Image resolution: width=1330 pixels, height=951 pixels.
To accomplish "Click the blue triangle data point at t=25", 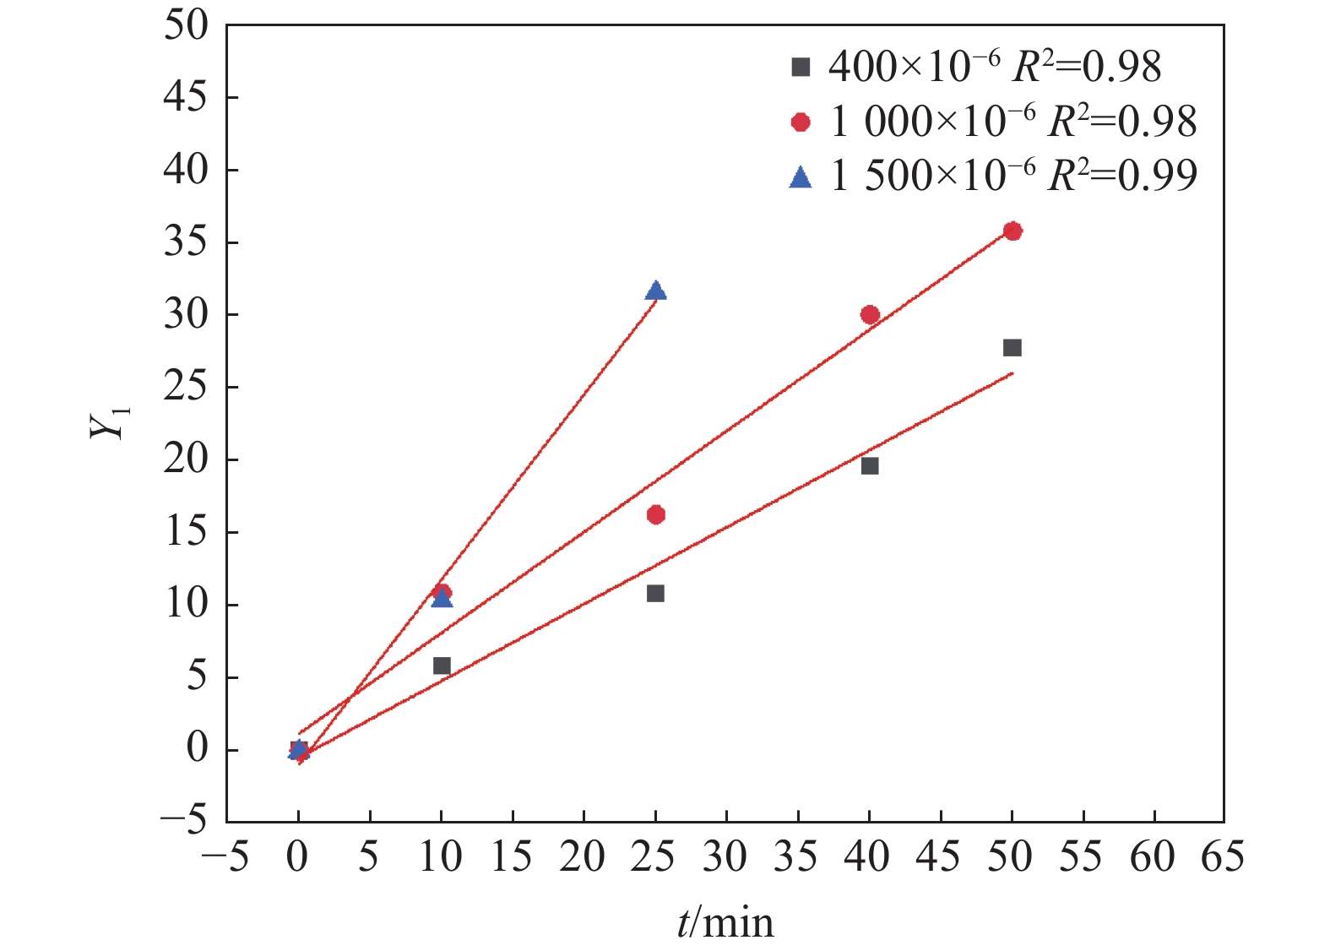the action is pyautogui.click(x=655, y=291).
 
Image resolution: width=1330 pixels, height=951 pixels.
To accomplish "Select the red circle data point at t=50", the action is pyautogui.click(x=1012, y=231).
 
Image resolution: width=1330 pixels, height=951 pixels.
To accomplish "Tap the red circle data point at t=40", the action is pyautogui.click(x=870, y=315).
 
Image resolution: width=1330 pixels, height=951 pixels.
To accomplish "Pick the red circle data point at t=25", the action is pyautogui.click(x=655, y=514).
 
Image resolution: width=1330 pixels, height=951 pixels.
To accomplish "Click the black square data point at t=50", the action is pyautogui.click(x=1012, y=347).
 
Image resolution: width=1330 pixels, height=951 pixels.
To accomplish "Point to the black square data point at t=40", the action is pyautogui.click(x=870, y=465).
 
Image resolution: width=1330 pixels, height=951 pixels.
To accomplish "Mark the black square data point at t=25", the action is pyautogui.click(x=655, y=593).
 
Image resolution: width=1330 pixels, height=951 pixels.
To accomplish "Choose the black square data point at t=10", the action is pyautogui.click(x=442, y=666).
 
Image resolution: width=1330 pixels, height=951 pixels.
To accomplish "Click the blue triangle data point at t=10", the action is pyautogui.click(x=442, y=598).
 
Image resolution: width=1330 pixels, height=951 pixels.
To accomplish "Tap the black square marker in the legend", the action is pyautogui.click(x=801, y=67).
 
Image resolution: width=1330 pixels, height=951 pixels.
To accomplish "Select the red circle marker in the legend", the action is pyautogui.click(x=801, y=122).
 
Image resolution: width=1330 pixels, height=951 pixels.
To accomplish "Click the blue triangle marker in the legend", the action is pyautogui.click(x=801, y=177).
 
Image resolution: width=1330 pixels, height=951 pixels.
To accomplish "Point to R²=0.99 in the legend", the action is pyautogui.click(x=1122, y=176).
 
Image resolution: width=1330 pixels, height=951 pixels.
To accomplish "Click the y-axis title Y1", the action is pyautogui.click(x=111, y=422).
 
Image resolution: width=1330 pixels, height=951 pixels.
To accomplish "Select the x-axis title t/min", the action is pyautogui.click(x=725, y=922).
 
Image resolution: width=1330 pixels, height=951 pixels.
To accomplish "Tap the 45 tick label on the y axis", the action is pyautogui.click(x=186, y=97).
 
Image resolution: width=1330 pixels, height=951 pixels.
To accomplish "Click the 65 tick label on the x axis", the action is pyautogui.click(x=1222, y=858).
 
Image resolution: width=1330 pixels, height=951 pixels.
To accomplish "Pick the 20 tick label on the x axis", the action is pyautogui.click(x=583, y=858).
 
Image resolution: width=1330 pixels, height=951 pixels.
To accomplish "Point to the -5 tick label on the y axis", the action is pyautogui.click(x=183, y=822).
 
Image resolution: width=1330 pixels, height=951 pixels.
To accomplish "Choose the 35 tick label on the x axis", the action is pyautogui.click(x=797, y=858).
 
